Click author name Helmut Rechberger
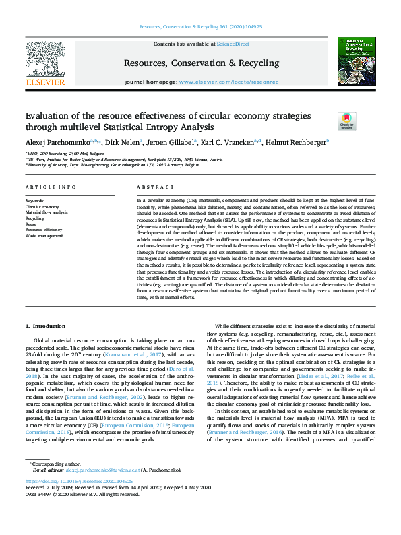(x=296, y=143)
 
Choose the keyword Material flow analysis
(x=47, y=212)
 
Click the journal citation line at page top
(x=200, y=26)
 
